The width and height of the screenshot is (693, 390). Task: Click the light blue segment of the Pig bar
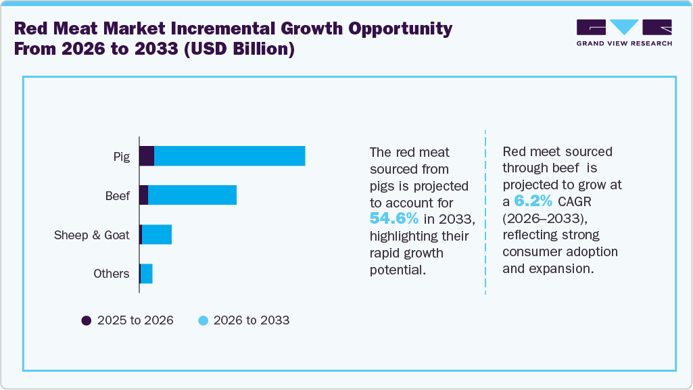(229, 156)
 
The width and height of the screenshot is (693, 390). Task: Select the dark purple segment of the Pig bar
(147, 156)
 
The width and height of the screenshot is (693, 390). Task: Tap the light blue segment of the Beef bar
(192, 195)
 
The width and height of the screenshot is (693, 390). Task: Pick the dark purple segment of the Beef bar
(143, 195)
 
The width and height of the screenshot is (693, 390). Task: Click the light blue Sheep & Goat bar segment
(157, 235)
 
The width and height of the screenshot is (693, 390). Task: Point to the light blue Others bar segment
(146, 274)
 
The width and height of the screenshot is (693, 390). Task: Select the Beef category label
(117, 196)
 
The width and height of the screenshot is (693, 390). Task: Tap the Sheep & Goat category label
(91, 235)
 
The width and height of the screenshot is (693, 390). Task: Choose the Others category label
(111, 274)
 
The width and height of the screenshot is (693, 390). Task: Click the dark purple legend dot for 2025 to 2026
(87, 321)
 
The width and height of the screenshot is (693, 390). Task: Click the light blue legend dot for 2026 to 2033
(202, 321)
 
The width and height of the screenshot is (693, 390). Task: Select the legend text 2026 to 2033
(251, 321)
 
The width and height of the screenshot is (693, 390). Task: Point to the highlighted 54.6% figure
(394, 219)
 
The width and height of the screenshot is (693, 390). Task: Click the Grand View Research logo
(624, 32)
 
